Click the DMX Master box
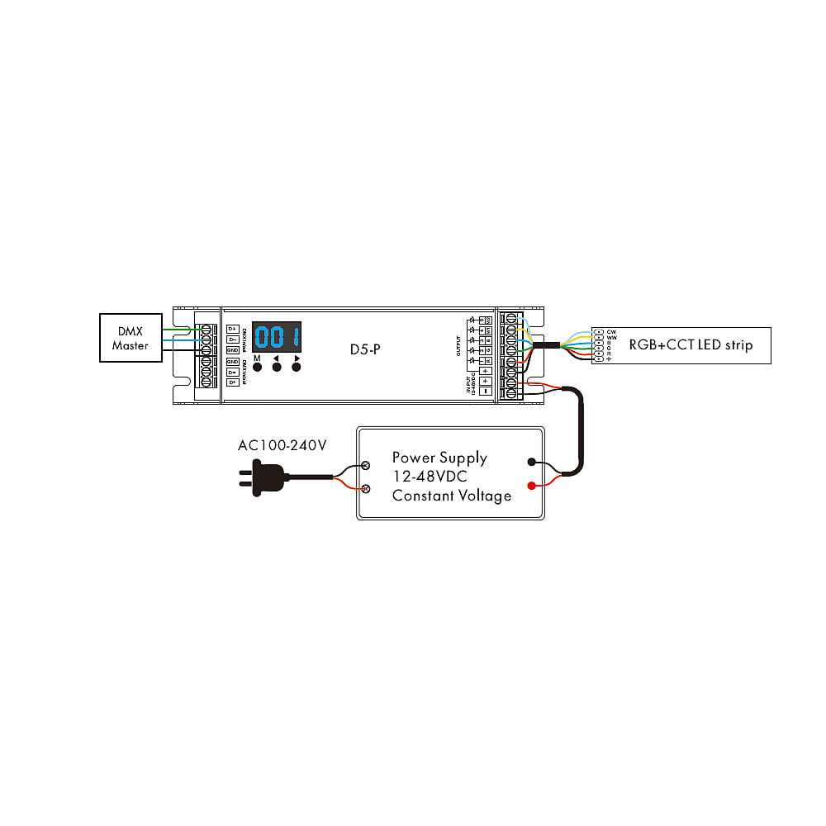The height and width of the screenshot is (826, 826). (131, 339)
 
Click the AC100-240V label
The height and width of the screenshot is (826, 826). (282, 445)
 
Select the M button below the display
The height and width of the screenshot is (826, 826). (257, 367)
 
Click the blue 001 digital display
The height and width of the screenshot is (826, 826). (277, 339)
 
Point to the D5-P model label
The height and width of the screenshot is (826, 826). (364, 349)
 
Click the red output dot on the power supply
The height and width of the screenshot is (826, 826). (532, 486)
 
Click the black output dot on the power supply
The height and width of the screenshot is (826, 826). (532, 463)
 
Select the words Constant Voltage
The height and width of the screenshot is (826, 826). (451, 496)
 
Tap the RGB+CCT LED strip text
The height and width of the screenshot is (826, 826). (691, 344)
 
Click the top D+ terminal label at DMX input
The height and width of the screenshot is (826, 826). (233, 329)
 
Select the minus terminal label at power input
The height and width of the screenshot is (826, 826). (486, 390)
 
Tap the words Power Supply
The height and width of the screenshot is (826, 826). (439, 458)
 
